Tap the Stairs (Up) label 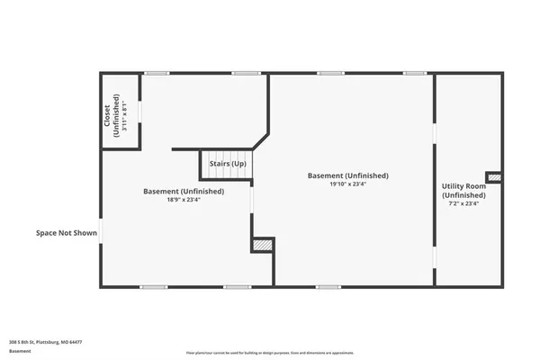tap(228, 164)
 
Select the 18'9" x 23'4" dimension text tap(184, 201)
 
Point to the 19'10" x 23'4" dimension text tap(348, 184)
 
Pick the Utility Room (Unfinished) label tap(463, 191)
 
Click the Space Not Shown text tap(66, 233)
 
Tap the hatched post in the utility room tap(494, 175)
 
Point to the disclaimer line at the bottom tap(269, 352)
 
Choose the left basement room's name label tap(184, 191)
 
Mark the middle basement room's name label tap(348, 175)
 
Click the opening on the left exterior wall tap(101, 231)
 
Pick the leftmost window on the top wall tap(157, 73)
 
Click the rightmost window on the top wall tap(414, 73)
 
